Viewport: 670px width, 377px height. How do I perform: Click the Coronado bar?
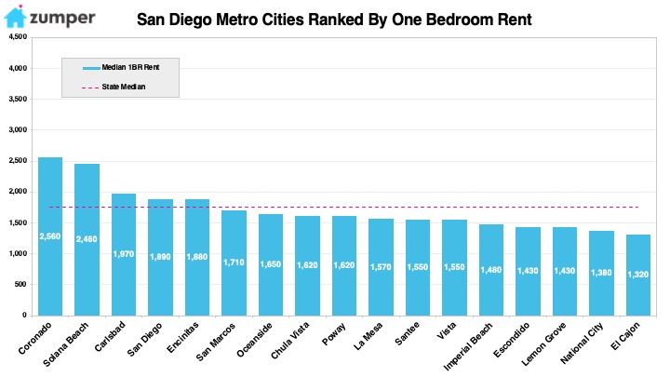(50, 236)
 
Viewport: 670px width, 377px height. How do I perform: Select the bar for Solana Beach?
(87, 240)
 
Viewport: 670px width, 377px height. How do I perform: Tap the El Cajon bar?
(638, 275)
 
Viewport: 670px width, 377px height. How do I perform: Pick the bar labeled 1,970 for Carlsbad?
(124, 255)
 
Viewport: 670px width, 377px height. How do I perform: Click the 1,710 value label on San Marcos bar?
(234, 263)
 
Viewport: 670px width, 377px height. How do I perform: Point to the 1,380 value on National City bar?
(601, 272)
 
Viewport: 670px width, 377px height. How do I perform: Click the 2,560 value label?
(50, 236)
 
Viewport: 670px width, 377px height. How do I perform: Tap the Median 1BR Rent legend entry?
(121, 68)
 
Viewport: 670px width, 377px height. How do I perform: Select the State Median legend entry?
(114, 87)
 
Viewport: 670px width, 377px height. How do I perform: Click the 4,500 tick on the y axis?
(18, 36)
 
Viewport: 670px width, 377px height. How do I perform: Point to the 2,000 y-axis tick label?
(18, 192)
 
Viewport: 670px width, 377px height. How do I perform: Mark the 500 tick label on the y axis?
(20, 284)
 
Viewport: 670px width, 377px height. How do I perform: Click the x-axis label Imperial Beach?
(467, 346)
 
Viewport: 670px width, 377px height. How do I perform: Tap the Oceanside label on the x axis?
(254, 341)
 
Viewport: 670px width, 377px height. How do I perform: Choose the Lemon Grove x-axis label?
(543, 343)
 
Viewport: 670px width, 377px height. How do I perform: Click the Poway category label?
(334, 334)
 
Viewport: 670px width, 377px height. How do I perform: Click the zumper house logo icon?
(16, 17)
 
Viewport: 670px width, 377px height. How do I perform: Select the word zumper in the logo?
(62, 18)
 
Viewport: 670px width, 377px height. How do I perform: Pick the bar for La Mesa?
(381, 267)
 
